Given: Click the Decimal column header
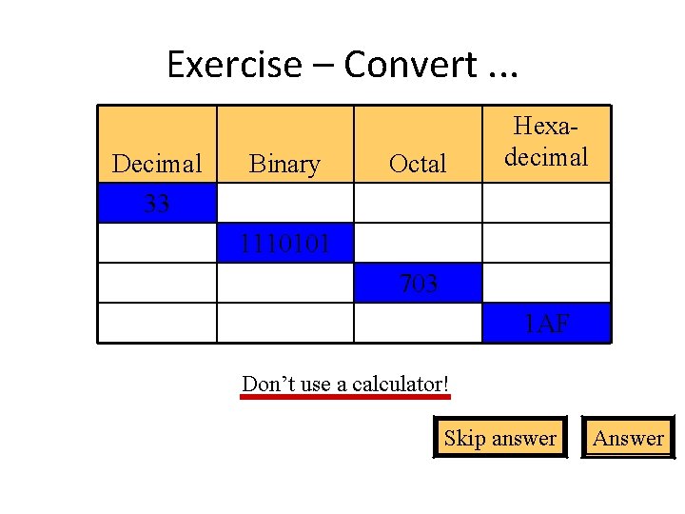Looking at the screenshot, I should (157, 164).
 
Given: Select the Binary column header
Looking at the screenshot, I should (284, 164).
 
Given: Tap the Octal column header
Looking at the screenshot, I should (418, 164).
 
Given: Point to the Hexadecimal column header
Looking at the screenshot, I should (546, 143).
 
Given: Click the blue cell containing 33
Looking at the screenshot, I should (157, 203).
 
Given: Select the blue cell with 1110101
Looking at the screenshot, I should (285, 243).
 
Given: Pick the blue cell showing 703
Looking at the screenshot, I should (418, 283).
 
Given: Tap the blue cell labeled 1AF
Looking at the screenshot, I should (546, 323).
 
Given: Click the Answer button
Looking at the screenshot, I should (628, 438).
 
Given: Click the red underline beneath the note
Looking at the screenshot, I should (345, 397).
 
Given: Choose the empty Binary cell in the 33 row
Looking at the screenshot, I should (285, 203).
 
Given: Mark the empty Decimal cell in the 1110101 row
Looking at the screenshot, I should (157, 243).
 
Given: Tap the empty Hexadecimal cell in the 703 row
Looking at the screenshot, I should (546, 283).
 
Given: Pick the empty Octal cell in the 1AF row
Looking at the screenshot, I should (418, 323).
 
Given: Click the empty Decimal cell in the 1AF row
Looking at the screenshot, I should (157, 323).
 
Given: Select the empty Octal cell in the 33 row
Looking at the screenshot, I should (418, 203).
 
